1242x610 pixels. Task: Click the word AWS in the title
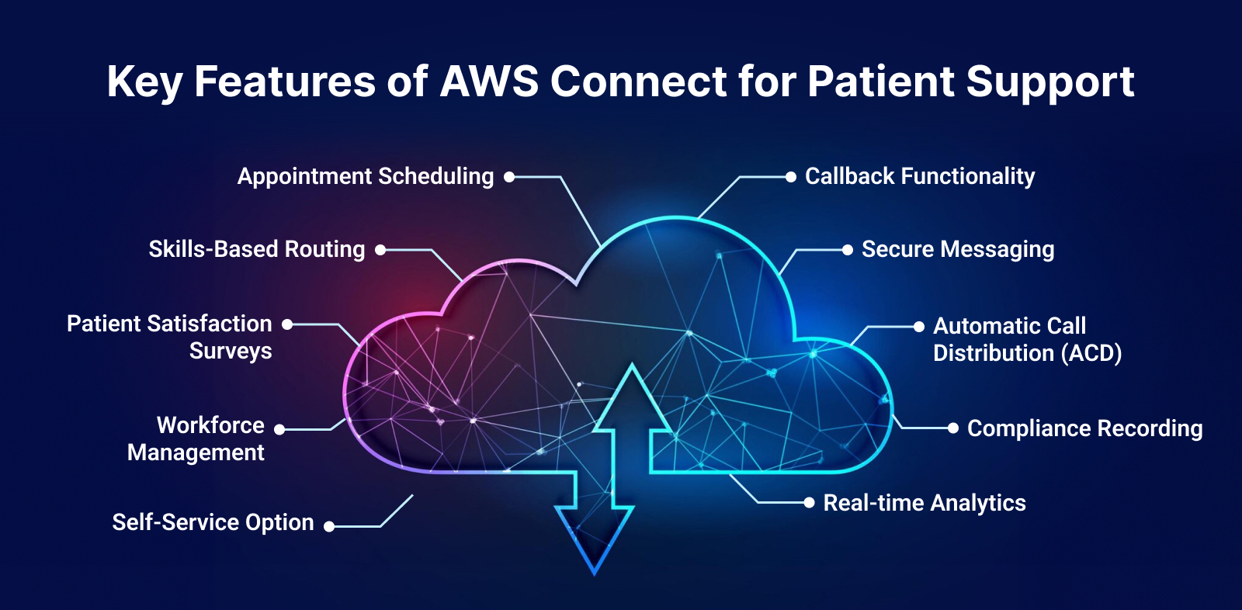point(489,81)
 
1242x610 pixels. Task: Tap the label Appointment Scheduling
point(365,177)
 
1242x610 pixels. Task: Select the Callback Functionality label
point(920,177)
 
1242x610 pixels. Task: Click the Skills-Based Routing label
point(256,250)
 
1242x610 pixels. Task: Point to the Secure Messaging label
point(957,250)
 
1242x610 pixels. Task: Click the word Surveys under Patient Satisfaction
point(231,352)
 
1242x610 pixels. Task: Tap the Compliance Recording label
point(1084,428)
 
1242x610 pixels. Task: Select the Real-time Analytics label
point(924,503)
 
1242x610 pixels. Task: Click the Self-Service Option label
point(213,522)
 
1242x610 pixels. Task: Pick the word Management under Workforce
point(196,452)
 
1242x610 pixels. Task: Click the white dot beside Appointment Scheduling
point(509,177)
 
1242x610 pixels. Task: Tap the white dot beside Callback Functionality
point(790,177)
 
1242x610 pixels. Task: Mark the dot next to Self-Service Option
point(329,527)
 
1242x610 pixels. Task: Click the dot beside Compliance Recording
point(953,428)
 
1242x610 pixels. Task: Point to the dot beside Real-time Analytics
point(809,503)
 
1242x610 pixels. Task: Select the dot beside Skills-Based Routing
point(380,250)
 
